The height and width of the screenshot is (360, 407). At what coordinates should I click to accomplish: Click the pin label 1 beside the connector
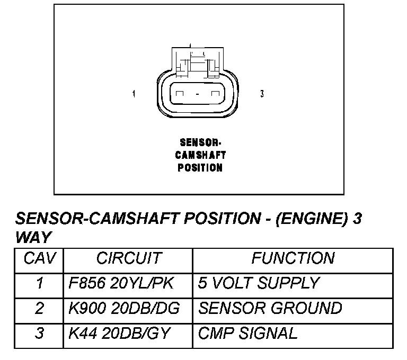pyautogui.click(x=134, y=94)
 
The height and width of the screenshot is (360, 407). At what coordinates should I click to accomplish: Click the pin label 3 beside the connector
pyautogui.click(x=262, y=94)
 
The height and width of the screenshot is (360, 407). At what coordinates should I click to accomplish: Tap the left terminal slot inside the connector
pyautogui.click(x=180, y=94)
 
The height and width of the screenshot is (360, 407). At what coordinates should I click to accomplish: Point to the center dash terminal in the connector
pyautogui.click(x=197, y=95)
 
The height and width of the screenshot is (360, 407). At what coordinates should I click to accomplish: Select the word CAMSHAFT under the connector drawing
pyautogui.click(x=200, y=155)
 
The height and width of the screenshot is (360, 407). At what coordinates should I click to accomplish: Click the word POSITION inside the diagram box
pyautogui.click(x=200, y=168)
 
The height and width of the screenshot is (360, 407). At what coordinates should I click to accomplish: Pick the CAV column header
pyautogui.click(x=39, y=259)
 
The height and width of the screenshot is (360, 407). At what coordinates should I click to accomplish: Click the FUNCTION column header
pyautogui.click(x=293, y=259)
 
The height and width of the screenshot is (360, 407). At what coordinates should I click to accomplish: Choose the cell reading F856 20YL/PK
pyautogui.click(x=121, y=283)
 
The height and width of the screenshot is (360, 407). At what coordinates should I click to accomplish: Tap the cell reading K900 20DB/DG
pyautogui.click(x=125, y=308)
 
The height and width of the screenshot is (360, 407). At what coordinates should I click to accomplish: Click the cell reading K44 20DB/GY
pyautogui.click(x=120, y=333)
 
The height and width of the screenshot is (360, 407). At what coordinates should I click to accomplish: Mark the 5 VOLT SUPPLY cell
pyautogui.click(x=259, y=283)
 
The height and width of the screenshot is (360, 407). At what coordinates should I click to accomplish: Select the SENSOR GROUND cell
pyautogui.click(x=270, y=308)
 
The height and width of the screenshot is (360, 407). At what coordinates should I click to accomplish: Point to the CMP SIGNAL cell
pyautogui.click(x=247, y=333)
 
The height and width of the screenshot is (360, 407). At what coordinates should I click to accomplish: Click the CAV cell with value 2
pyautogui.click(x=39, y=308)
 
